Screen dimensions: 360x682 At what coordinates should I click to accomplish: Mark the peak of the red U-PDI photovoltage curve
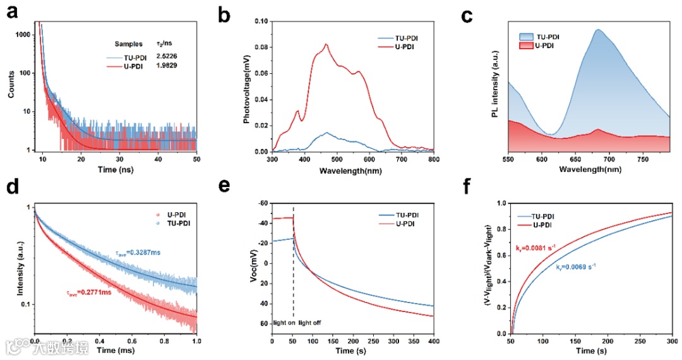(x=326, y=44)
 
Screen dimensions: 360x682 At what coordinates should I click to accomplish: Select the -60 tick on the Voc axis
(x=262, y=204)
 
